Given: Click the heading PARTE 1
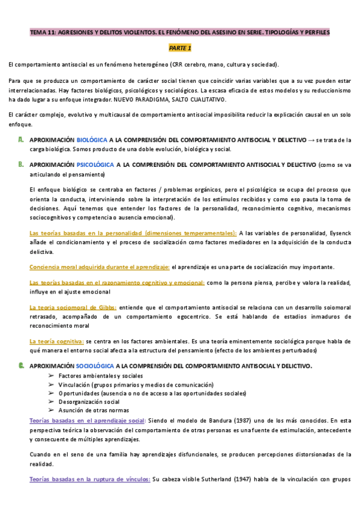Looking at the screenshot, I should tap(179, 47).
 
